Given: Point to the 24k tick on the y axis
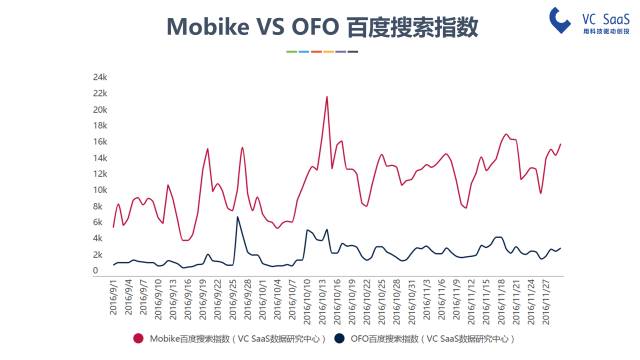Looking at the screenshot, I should pyautogui.click(x=100, y=77).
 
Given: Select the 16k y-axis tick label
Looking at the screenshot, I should pyautogui.click(x=100, y=142).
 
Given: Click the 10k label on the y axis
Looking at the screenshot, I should pyautogui.click(x=100, y=190).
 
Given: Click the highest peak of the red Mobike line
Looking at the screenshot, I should pyautogui.click(x=327, y=97).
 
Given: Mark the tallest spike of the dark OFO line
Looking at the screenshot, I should pyautogui.click(x=237, y=217).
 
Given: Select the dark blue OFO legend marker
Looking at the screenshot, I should pyautogui.click(x=337, y=338).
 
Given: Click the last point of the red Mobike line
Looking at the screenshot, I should pyautogui.click(x=560, y=144).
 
